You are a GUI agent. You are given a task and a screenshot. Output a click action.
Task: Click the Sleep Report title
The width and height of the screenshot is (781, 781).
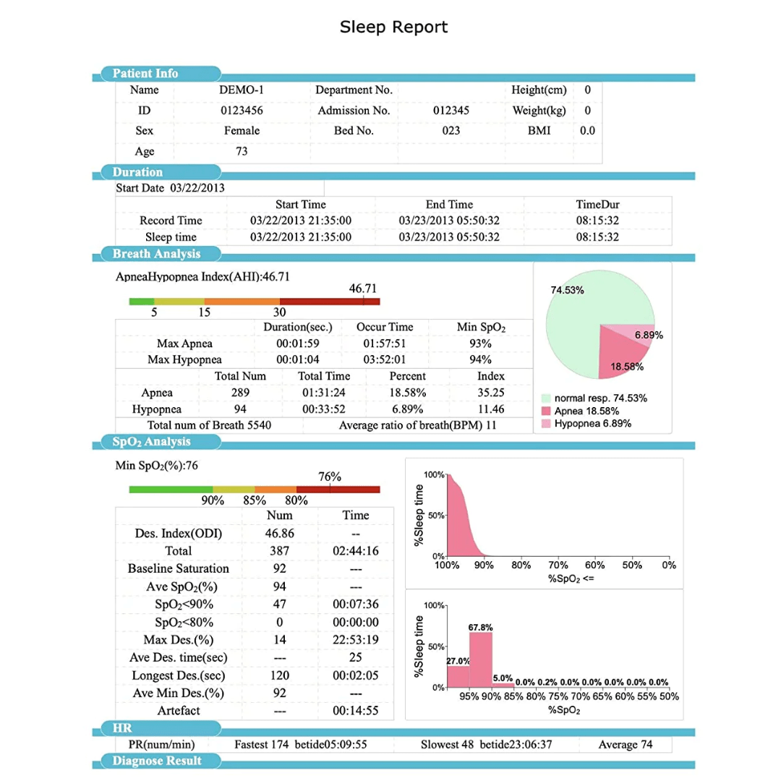coord(393,27)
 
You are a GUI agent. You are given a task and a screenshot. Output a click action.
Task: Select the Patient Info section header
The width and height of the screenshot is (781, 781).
coord(145,73)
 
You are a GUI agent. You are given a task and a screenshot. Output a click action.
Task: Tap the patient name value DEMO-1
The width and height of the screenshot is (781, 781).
coord(241,90)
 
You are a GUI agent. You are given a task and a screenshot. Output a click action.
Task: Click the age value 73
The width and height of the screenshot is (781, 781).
coord(242,151)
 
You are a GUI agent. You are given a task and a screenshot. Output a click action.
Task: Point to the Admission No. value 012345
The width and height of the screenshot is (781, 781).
coord(451,111)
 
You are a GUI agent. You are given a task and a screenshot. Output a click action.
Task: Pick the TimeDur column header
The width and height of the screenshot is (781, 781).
coord(597,204)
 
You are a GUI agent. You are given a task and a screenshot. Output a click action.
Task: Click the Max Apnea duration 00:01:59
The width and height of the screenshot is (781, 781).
coord(298,343)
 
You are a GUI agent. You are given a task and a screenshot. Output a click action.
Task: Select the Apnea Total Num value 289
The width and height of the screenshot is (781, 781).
coord(240,393)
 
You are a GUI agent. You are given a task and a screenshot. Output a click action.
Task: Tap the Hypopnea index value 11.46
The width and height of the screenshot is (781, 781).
coord(490,409)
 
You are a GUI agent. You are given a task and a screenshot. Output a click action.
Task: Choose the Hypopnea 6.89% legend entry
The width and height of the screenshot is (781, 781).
coord(586,424)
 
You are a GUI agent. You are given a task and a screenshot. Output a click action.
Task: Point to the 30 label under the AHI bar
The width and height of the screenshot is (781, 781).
coord(279,312)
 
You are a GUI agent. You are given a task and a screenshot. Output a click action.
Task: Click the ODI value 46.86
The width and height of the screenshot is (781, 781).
coord(279,534)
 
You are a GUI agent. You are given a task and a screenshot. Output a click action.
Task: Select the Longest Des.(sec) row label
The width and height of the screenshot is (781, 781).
coord(179,676)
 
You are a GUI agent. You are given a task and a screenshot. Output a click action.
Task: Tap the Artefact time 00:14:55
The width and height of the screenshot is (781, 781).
coord(356,711)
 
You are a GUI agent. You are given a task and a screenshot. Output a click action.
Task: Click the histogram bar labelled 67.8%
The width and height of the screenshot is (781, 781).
coord(481,660)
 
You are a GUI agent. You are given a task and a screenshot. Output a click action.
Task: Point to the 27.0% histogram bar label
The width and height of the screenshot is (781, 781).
coord(458,661)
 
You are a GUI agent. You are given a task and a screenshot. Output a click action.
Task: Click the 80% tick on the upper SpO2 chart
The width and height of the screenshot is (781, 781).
coord(521,566)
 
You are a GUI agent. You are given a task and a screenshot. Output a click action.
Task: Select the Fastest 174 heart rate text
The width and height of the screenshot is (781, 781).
coord(262,745)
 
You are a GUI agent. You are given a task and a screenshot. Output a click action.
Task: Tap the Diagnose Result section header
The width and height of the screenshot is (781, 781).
coord(157,761)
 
